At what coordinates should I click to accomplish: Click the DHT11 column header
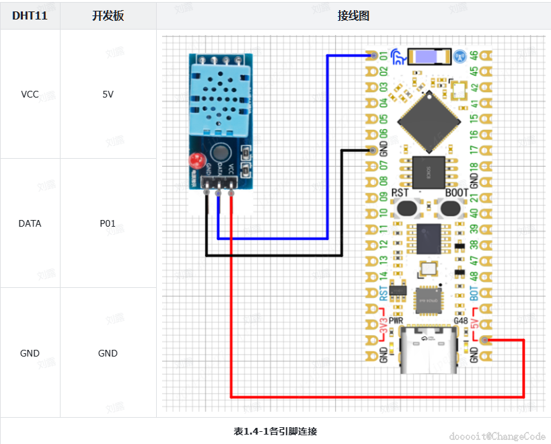[30, 16]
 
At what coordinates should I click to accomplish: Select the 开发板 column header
[108, 16]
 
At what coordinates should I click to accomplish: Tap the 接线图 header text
[353, 16]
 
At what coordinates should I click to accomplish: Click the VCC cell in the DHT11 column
[30, 94]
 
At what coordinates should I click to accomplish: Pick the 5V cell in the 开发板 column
[108, 94]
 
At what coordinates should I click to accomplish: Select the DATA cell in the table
[30, 223]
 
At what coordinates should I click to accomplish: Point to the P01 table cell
[108, 223]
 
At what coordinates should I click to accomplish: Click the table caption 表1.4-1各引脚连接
[275, 431]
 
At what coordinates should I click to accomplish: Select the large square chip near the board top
[429, 119]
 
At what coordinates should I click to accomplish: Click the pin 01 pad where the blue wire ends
[372, 55]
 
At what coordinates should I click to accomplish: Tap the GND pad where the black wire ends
[372, 150]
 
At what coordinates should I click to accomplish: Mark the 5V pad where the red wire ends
[486, 340]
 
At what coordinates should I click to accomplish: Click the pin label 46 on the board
[474, 56]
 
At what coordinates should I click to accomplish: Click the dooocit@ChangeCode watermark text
[497, 436]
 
